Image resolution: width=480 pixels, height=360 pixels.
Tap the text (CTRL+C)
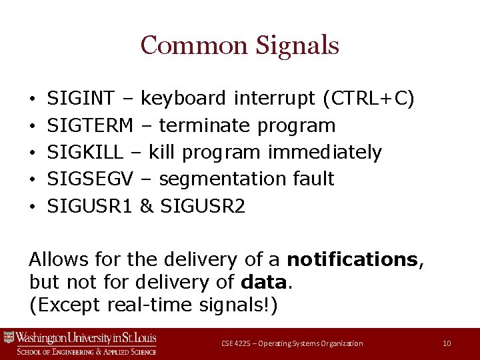click(369, 99)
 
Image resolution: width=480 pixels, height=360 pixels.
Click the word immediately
click(325, 152)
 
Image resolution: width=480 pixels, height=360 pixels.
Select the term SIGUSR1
click(91, 206)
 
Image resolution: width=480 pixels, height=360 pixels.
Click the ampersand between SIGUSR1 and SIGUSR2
click(146, 206)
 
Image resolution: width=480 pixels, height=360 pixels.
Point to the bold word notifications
click(351, 259)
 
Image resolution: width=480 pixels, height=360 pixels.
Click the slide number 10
click(447, 343)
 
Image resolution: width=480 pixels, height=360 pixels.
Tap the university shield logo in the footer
click(9, 337)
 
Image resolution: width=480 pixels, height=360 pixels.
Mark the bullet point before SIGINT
click(33, 99)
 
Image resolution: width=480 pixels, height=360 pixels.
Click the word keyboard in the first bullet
click(184, 99)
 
